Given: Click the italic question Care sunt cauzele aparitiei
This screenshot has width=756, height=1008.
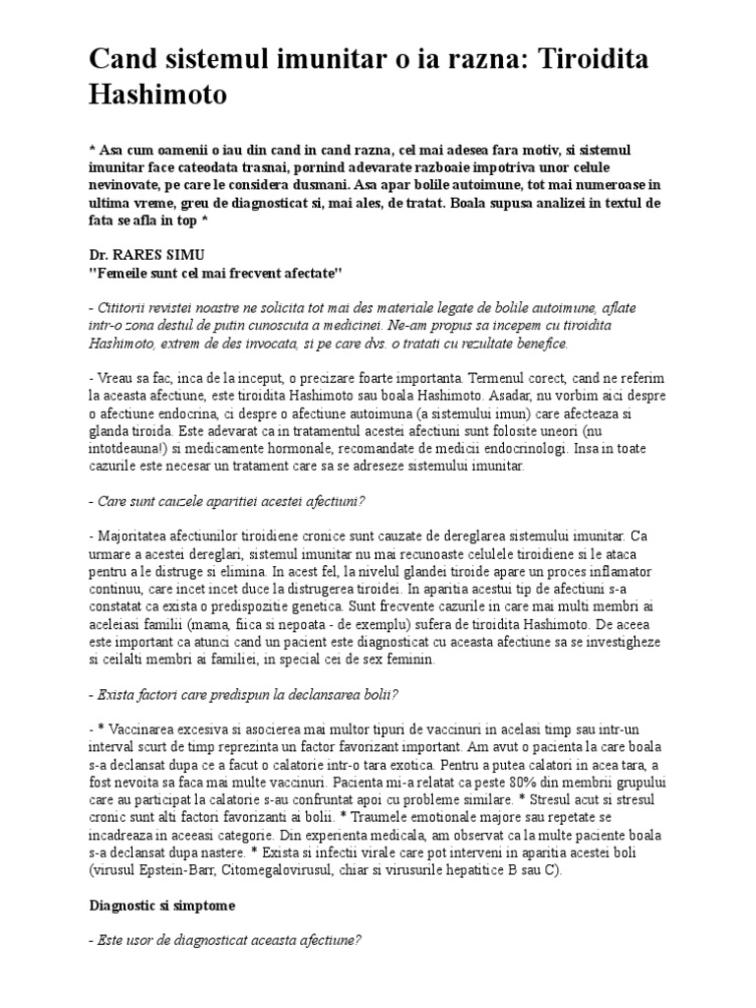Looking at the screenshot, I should pos(231,501).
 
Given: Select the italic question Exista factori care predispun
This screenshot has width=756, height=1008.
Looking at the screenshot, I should pos(247,694).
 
